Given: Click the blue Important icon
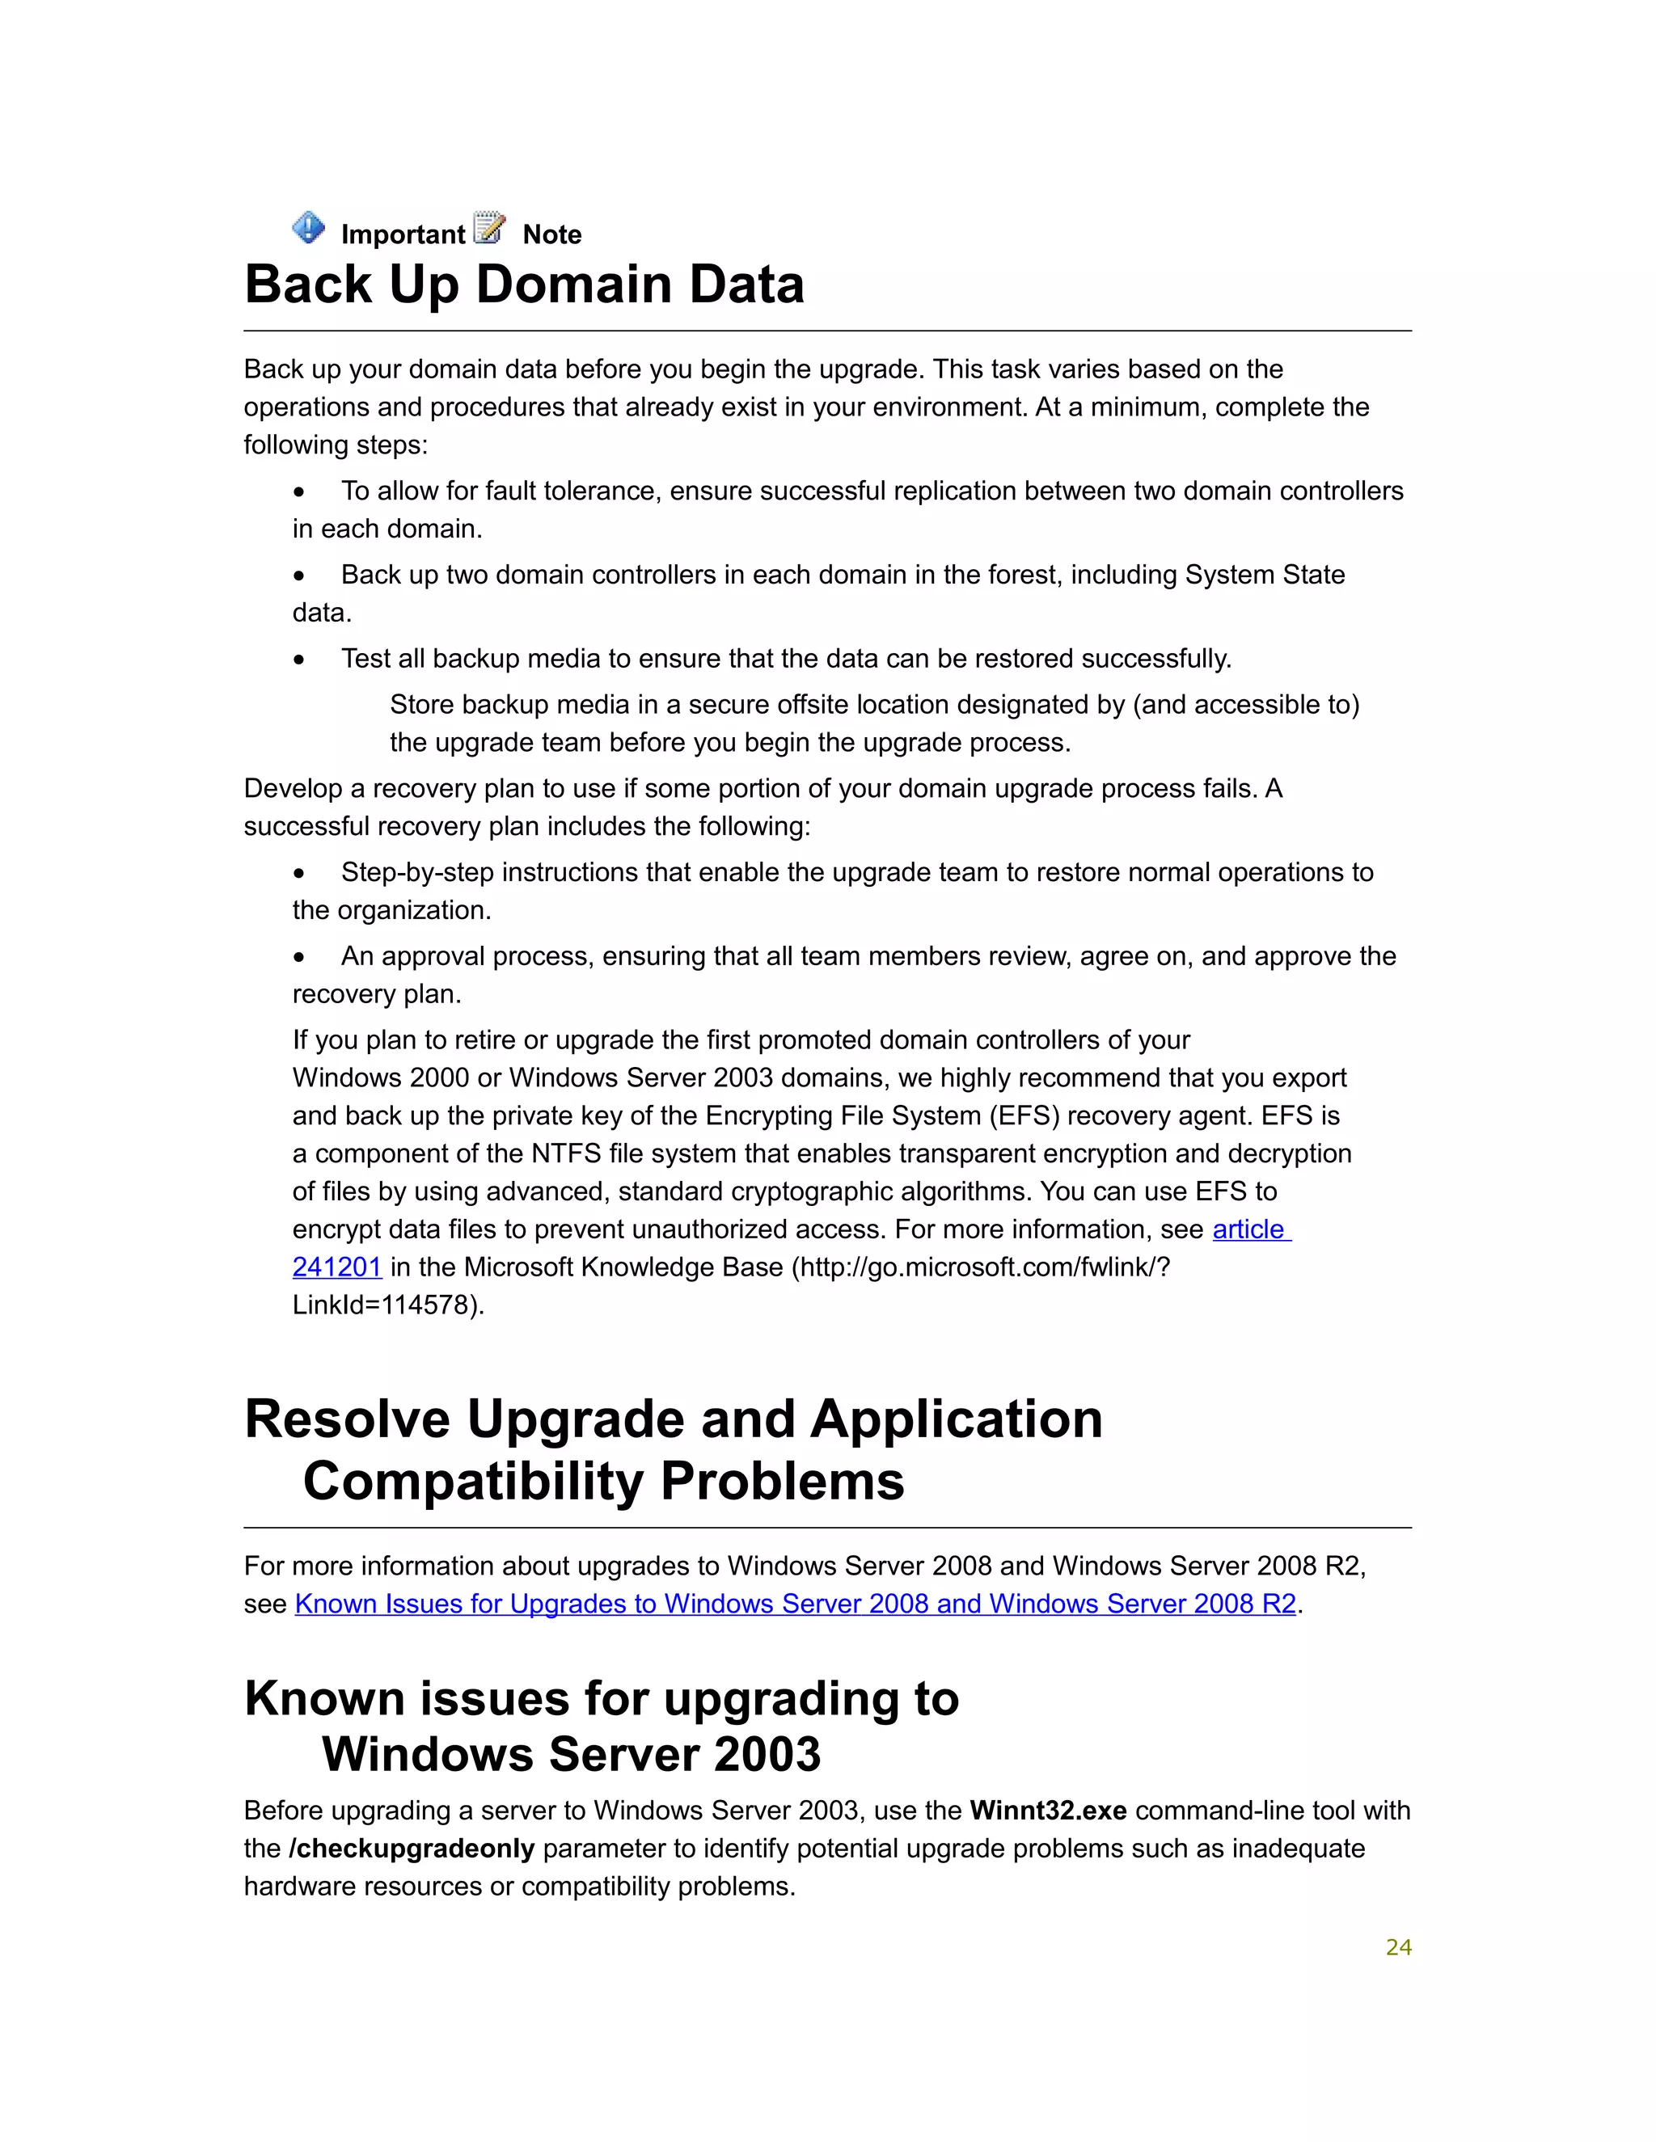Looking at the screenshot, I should tap(308, 228).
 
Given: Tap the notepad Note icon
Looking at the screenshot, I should tap(488, 228).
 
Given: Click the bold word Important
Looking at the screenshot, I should tap(402, 234).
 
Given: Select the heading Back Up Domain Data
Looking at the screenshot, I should tap(524, 285).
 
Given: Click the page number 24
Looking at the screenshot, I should tap(1398, 1948).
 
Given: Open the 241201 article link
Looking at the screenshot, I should tap(336, 1267).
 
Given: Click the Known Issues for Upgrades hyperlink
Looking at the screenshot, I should tap(795, 1604).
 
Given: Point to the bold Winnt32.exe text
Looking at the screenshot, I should tap(1047, 1811).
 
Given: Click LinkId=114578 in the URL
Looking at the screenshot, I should tap(387, 1305).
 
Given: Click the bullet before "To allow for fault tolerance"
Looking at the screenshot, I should tap(299, 491).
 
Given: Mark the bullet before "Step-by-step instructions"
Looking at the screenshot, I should tap(299, 873).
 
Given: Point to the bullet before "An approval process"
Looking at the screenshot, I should tap(299, 957).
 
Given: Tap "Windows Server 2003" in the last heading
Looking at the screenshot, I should tap(571, 1755).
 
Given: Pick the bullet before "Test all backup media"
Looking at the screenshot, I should tap(299, 659).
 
